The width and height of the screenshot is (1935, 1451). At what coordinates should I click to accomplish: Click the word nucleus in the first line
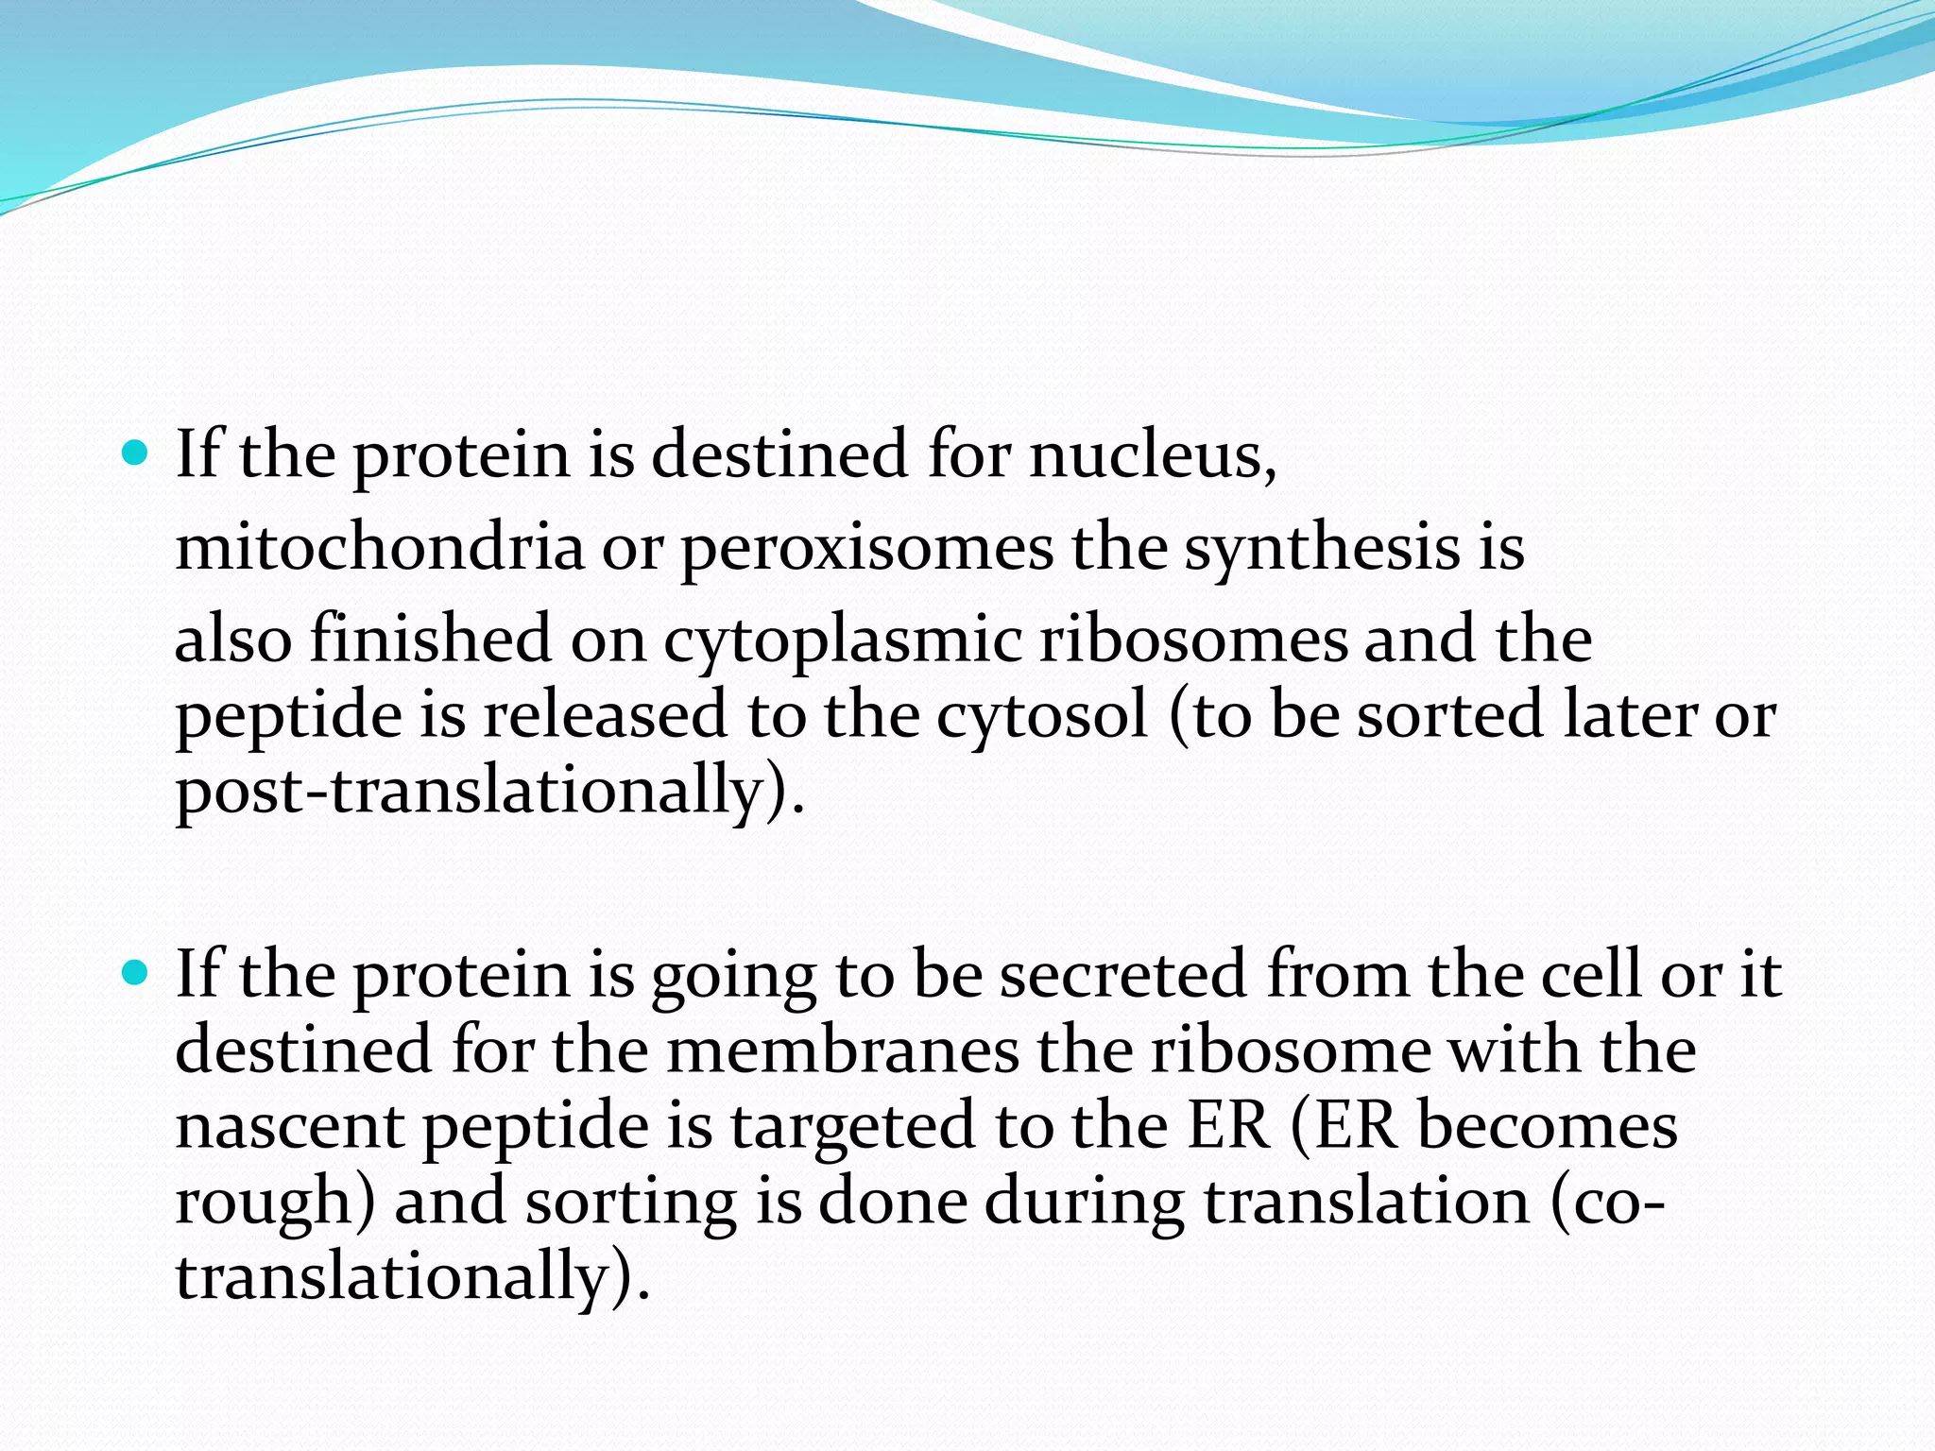click(x=1152, y=455)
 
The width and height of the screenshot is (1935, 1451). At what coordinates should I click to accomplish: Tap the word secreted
click(x=1123, y=975)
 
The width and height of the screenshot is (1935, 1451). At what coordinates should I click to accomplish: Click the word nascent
click(x=289, y=1127)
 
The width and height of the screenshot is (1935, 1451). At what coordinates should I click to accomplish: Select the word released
click(x=605, y=715)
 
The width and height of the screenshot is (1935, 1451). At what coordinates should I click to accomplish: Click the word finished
click(x=430, y=640)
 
